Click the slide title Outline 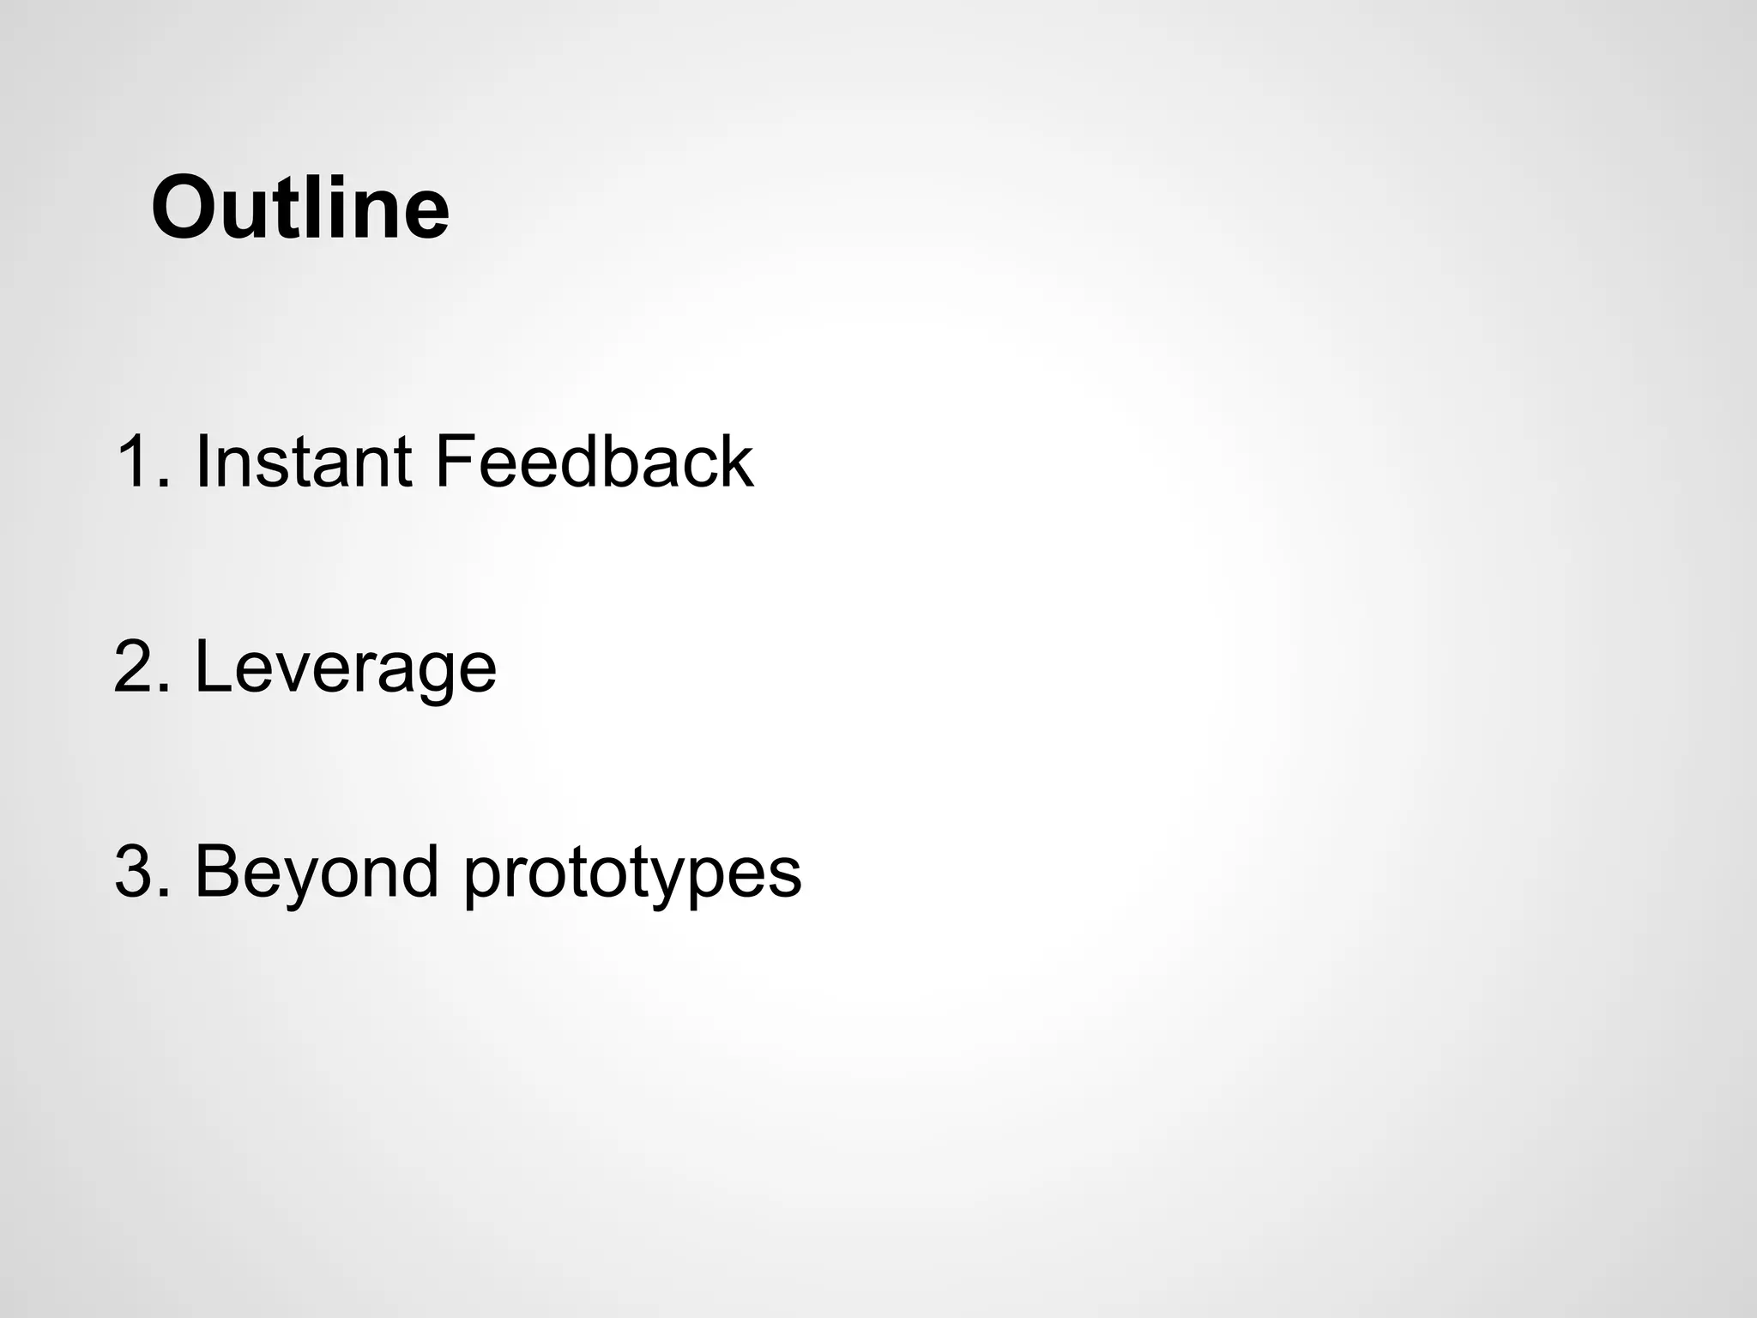point(299,209)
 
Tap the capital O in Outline point(183,209)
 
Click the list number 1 point(137,463)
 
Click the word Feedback point(594,463)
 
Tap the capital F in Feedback point(454,463)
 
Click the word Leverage point(346,668)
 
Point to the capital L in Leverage point(213,668)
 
